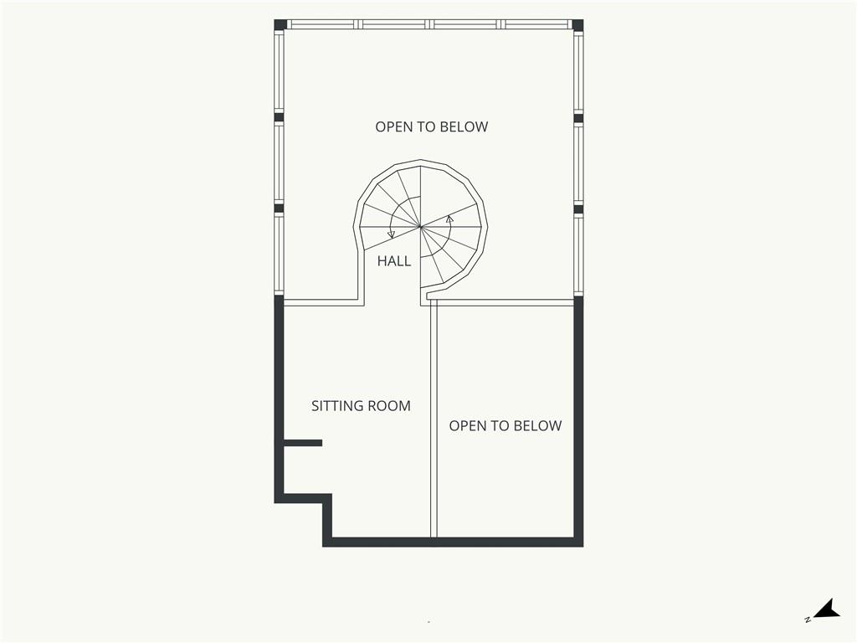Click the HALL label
pyautogui.click(x=394, y=261)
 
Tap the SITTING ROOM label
pyautogui.click(x=361, y=406)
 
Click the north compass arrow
pyautogui.click(x=826, y=610)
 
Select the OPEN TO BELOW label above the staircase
pyautogui.click(x=431, y=127)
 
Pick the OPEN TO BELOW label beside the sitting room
pyautogui.click(x=505, y=426)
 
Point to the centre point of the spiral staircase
pyautogui.click(x=420, y=225)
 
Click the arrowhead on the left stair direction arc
pyautogui.click(x=392, y=234)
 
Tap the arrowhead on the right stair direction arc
pyautogui.click(x=449, y=219)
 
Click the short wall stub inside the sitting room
pyautogui.click(x=302, y=443)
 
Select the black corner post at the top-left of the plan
pyautogui.click(x=280, y=24)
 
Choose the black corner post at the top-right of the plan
pyautogui.click(x=577, y=24)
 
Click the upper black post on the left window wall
pyautogui.click(x=279, y=117)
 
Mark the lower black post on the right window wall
pyautogui.click(x=578, y=208)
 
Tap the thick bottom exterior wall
pyautogui.click(x=453, y=543)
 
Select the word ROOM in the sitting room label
pyautogui.click(x=389, y=406)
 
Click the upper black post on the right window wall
pyautogui.click(x=578, y=117)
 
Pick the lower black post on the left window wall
pyautogui.click(x=279, y=208)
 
